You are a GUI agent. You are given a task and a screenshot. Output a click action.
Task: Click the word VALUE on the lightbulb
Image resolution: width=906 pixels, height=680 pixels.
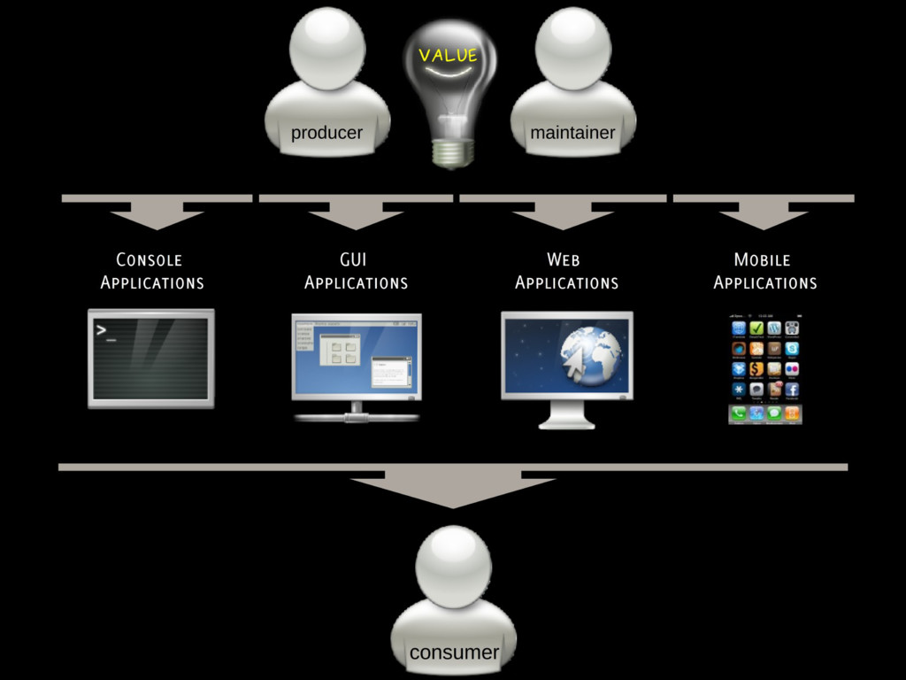click(448, 56)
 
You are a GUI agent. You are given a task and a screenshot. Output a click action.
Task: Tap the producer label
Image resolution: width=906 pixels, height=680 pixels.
click(326, 133)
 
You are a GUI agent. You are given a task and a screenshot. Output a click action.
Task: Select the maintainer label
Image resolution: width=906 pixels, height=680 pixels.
click(572, 133)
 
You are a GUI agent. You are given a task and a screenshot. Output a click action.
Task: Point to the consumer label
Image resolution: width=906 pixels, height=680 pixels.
click(454, 653)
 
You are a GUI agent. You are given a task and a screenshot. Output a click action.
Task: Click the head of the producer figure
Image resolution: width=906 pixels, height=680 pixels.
click(327, 48)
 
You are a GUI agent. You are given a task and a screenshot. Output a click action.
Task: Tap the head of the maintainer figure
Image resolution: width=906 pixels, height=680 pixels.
click(573, 48)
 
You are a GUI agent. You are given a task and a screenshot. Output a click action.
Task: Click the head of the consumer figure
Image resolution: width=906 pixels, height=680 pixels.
click(453, 565)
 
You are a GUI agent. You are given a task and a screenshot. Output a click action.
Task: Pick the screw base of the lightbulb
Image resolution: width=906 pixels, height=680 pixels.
click(452, 152)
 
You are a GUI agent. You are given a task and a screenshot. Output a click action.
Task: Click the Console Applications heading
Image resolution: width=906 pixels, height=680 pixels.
click(151, 271)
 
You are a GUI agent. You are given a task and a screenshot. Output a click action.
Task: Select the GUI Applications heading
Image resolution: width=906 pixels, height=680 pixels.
click(356, 271)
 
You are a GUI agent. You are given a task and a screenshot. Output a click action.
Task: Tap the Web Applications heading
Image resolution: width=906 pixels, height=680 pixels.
click(566, 271)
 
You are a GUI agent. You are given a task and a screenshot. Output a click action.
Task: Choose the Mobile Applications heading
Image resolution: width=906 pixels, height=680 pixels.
click(764, 271)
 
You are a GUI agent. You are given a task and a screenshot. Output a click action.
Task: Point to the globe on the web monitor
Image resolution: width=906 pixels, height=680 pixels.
click(590, 353)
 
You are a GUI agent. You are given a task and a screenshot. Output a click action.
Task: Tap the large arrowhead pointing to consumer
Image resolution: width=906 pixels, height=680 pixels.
click(452, 491)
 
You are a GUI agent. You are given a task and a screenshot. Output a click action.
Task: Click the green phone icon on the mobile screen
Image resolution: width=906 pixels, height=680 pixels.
click(739, 413)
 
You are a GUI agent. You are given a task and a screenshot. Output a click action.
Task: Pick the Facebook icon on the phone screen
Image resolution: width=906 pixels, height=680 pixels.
click(792, 390)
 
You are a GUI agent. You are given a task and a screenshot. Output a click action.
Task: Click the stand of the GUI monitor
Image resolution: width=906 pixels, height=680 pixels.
click(357, 413)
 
